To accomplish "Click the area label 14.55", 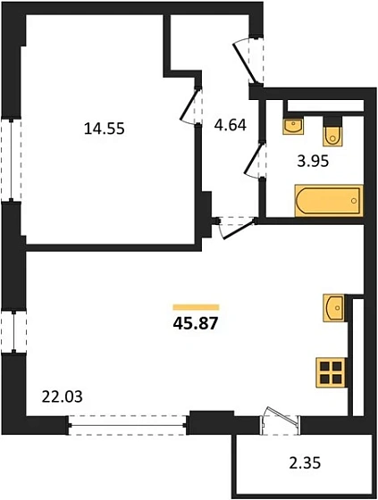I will click(x=104, y=129).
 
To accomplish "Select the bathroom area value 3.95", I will click(x=314, y=162).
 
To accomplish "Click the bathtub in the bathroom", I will click(x=328, y=201).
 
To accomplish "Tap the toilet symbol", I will click(x=333, y=132).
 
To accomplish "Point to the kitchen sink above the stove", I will click(x=332, y=308).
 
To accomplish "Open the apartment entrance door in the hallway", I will click(x=249, y=61).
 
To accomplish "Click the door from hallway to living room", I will click(x=231, y=226).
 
